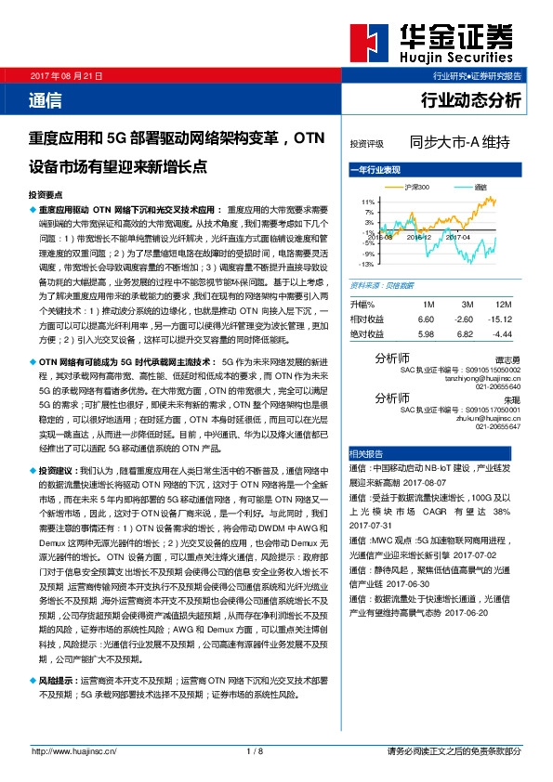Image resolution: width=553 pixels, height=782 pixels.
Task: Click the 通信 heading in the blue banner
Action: (46, 98)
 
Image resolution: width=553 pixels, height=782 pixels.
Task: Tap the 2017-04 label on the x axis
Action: (458, 238)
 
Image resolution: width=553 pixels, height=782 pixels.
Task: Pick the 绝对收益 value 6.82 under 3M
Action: (465, 333)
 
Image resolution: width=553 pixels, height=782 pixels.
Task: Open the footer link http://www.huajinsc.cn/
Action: (72, 751)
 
